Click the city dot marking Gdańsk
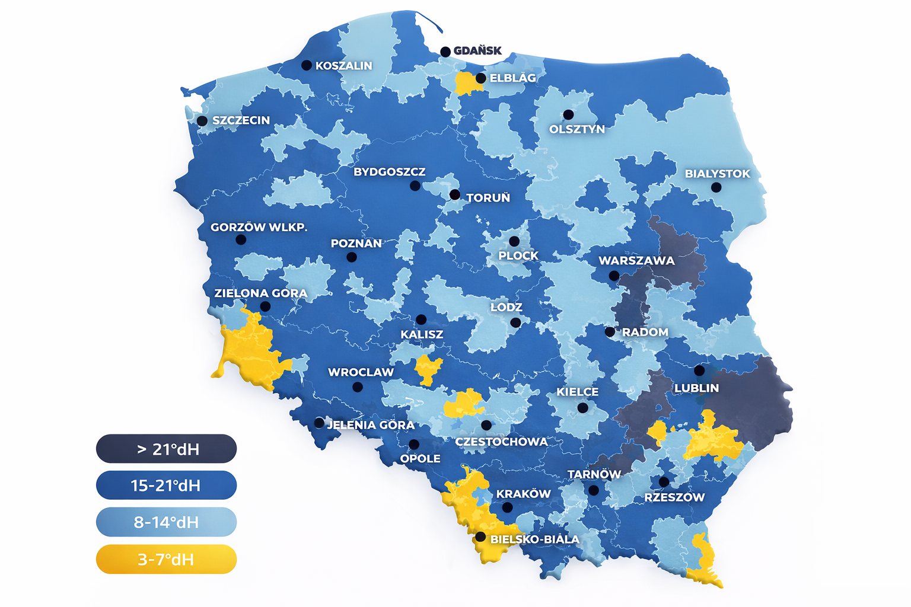pos(445,52)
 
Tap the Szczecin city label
pos(241,120)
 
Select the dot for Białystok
pos(716,187)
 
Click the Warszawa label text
pos(636,261)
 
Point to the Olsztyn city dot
pos(568,114)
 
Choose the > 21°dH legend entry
pos(166,449)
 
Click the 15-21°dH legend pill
pos(166,485)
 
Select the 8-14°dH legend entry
pos(166,522)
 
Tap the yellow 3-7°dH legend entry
pos(166,559)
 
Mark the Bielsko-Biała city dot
pos(480,536)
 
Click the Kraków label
pos(523,494)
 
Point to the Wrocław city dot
pos(357,387)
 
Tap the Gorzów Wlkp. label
pos(259,227)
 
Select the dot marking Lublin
pos(699,370)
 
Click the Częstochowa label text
pos(501,442)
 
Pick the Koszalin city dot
pos(307,65)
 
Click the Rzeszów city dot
pos(664,482)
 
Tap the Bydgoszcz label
pos(390,172)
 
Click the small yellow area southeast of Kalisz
pos(427,368)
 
